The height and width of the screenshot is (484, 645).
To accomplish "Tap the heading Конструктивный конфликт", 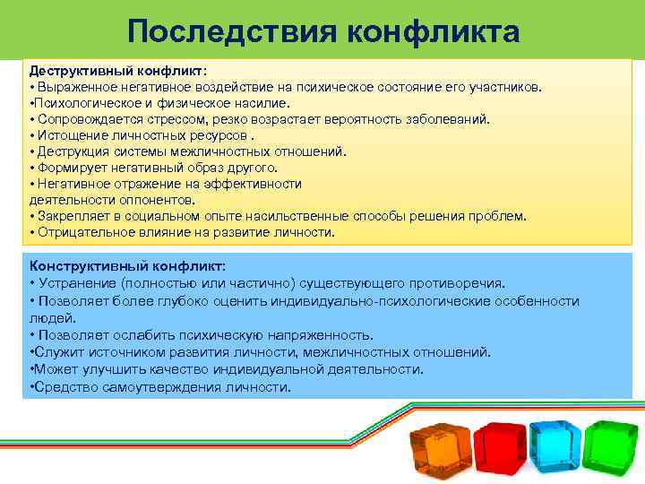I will (x=127, y=266).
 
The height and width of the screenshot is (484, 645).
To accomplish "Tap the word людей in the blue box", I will (x=47, y=317).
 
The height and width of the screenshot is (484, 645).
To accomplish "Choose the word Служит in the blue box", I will (x=56, y=352).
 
